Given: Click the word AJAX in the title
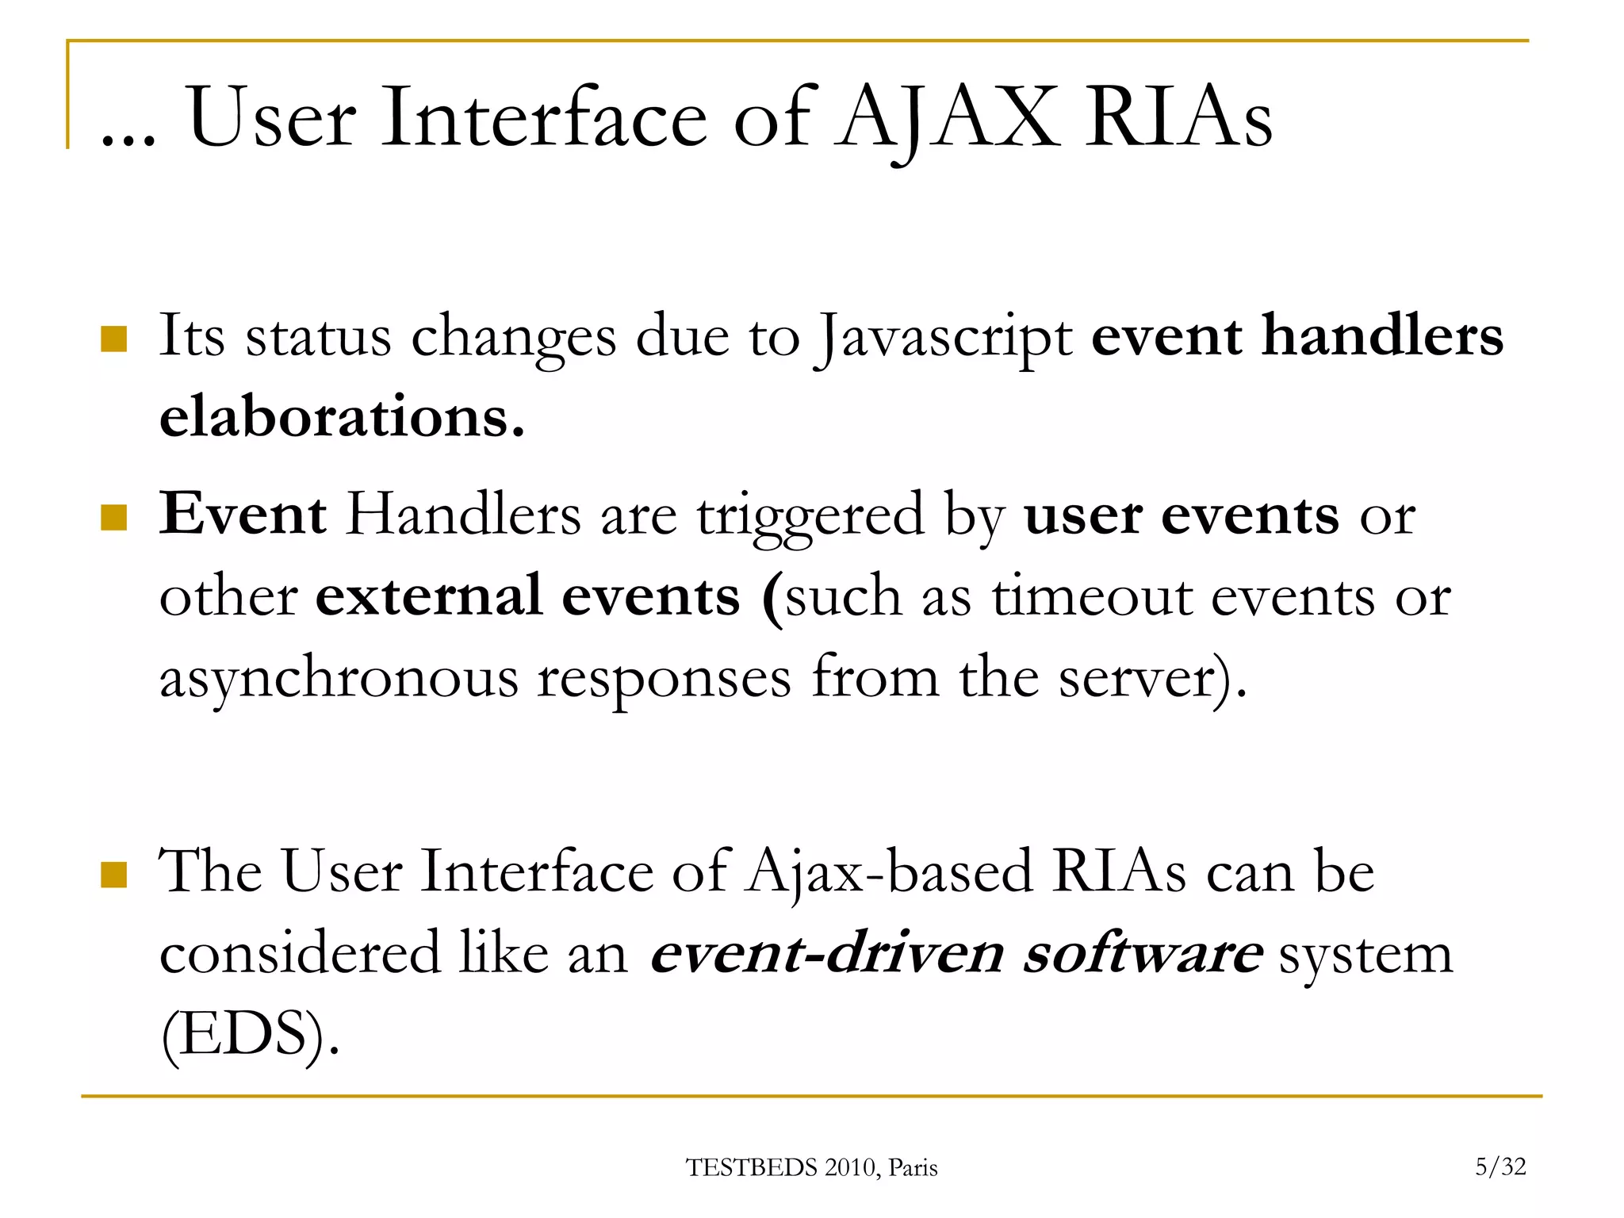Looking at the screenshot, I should [x=947, y=119].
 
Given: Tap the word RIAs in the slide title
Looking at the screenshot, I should [x=1178, y=119].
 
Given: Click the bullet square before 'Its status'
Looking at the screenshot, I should [x=114, y=339].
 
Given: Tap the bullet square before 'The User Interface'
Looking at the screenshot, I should [x=114, y=875].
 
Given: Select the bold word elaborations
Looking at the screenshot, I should [x=342, y=417].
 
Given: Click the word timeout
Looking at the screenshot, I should [x=1092, y=597].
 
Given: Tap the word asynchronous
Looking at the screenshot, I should [x=339, y=679].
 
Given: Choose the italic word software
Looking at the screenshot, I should [x=1143, y=954].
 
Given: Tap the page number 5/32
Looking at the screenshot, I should [x=1500, y=1166].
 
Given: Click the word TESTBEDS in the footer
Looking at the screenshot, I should [x=751, y=1168].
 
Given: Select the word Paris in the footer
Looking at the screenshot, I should [x=913, y=1168].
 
